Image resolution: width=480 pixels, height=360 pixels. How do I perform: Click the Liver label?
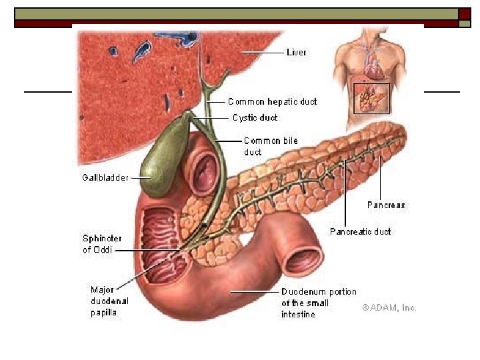[x=296, y=52]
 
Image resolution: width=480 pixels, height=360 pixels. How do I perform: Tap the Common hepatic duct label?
[x=272, y=102]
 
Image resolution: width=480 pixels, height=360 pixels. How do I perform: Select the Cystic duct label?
[x=255, y=118]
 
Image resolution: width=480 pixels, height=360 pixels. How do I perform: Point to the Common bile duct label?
[x=270, y=146]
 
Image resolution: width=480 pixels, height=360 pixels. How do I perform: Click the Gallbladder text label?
[x=105, y=178]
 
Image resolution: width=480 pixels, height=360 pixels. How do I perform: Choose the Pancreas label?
[x=386, y=205]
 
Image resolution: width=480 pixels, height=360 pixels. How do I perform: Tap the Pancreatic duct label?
[x=360, y=232]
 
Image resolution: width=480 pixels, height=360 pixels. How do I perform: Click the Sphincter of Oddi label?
[x=101, y=244]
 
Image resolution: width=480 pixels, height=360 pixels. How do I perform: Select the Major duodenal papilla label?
[x=109, y=301]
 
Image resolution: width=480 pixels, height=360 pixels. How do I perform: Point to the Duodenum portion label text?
[x=319, y=303]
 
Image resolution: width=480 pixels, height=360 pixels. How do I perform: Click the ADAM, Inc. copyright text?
[x=389, y=308]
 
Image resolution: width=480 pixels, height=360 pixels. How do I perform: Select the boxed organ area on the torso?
[x=371, y=99]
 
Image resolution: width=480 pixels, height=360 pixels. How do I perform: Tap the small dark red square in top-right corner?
[x=465, y=13]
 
